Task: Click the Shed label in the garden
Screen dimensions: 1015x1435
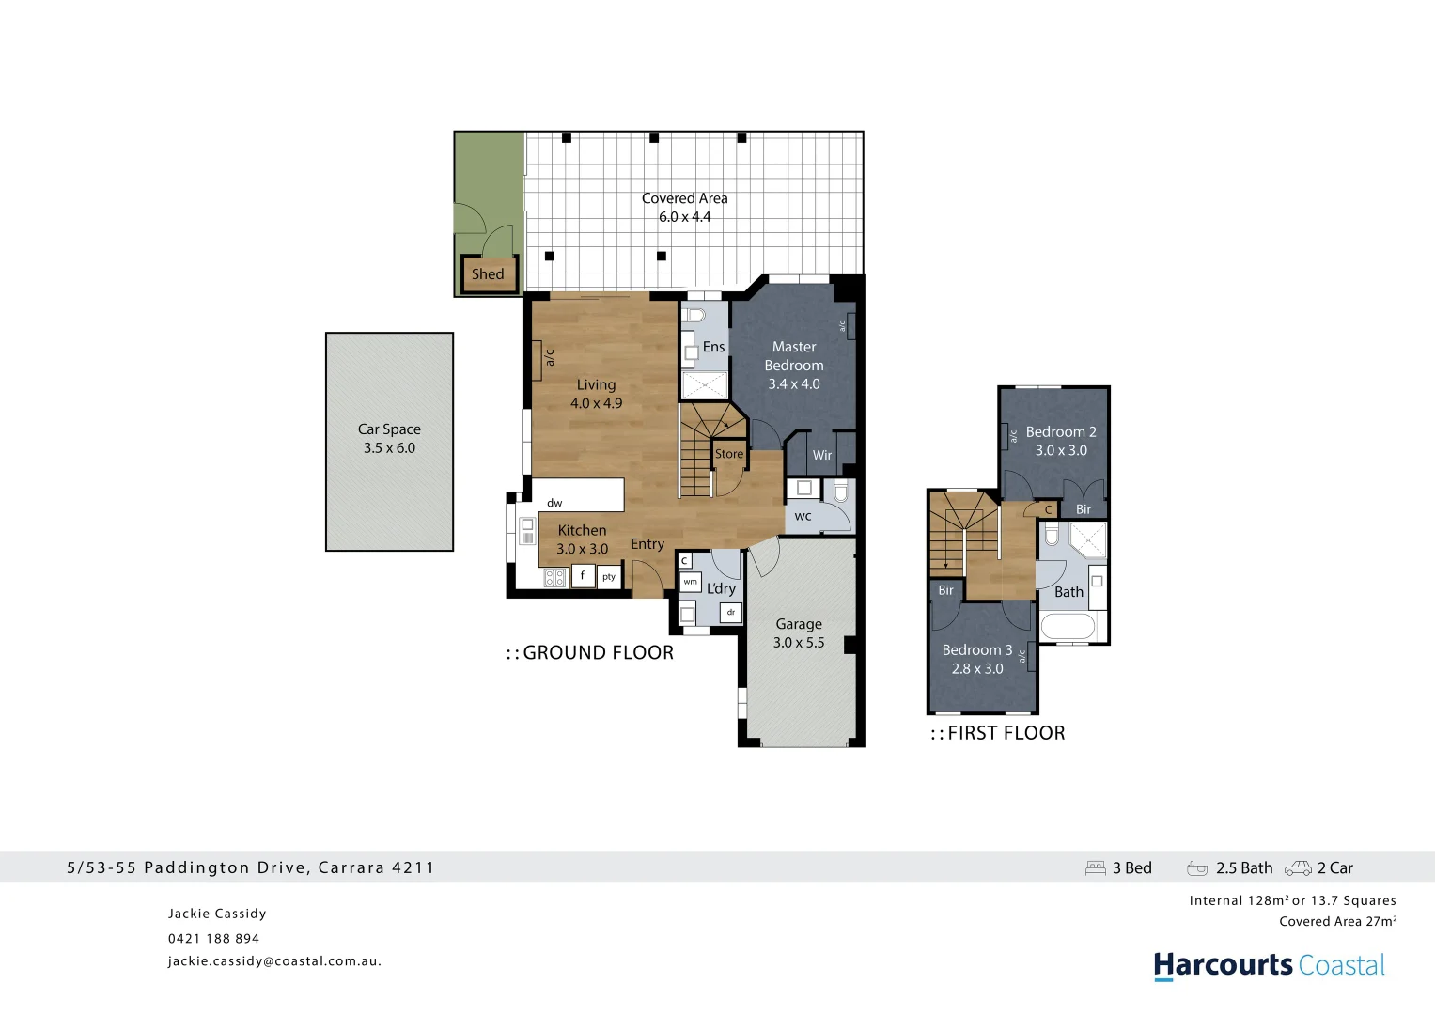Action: (x=488, y=274)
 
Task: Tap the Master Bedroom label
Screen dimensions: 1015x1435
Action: (x=794, y=356)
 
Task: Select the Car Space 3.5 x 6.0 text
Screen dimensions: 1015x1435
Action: (x=389, y=439)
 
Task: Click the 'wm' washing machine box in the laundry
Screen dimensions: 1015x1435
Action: (x=691, y=582)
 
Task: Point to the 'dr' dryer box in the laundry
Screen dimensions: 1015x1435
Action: (x=731, y=613)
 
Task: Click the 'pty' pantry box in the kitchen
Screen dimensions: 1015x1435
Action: (x=609, y=577)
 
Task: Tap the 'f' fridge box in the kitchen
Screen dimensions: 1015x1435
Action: (x=583, y=576)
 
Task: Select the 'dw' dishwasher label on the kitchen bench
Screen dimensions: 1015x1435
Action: (x=554, y=503)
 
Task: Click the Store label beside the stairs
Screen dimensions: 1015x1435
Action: (x=729, y=454)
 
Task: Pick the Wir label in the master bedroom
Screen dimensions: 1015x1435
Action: (x=822, y=455)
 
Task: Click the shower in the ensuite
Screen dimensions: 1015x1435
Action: (x=705, y=385)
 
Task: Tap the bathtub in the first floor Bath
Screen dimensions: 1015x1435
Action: (x=1068, y=626)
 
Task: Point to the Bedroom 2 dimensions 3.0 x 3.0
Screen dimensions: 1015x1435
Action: (x=1061, y=450)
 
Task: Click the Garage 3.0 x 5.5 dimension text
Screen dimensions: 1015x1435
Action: (x=799, y=643)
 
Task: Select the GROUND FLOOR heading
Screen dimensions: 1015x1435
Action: (x=590, y=653)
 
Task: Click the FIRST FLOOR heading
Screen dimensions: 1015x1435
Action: (x=998, y=733)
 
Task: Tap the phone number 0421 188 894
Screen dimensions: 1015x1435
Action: (x=213, y=938)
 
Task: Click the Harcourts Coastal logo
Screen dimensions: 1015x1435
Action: (x=1269, y=965)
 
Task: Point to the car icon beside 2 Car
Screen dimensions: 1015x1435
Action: (x=1298, y=868)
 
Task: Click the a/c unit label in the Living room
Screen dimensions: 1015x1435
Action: (x=549, y=357)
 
